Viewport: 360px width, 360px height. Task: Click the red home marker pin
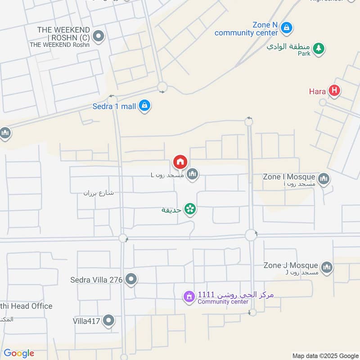[x=180, y=162]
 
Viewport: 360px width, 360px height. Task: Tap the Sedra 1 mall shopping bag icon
[x=144, y=106]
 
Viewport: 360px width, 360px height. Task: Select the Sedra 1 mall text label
[x=114, y=107]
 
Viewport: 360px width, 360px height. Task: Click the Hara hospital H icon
[x=334, y=91]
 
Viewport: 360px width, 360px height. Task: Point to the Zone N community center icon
[x=286, y=28]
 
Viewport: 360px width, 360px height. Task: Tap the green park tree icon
[x=319, y=48]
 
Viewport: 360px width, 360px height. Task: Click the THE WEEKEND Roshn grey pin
[x=98, y=36]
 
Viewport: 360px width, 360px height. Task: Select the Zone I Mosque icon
[x=324, y=180]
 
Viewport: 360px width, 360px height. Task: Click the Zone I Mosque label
[x=289, y=177]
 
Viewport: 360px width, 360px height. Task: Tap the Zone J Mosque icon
[x=327, y=267]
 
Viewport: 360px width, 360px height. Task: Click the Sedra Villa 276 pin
[x=131, y=279]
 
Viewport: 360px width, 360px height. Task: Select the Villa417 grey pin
[x=108, y=321]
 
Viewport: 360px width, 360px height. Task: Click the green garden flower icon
[x=190, y=209]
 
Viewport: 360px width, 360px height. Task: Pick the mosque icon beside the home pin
[x=193, y=174]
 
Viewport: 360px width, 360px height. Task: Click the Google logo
[x=19, y=353]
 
